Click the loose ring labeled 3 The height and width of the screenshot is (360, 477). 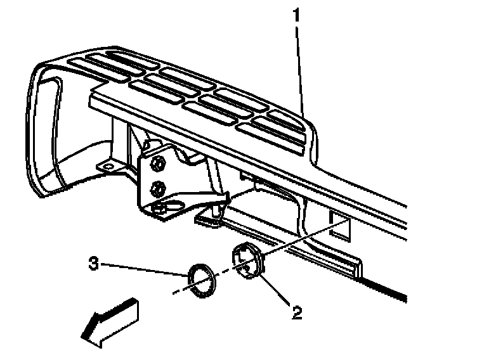tap(201, 281)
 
